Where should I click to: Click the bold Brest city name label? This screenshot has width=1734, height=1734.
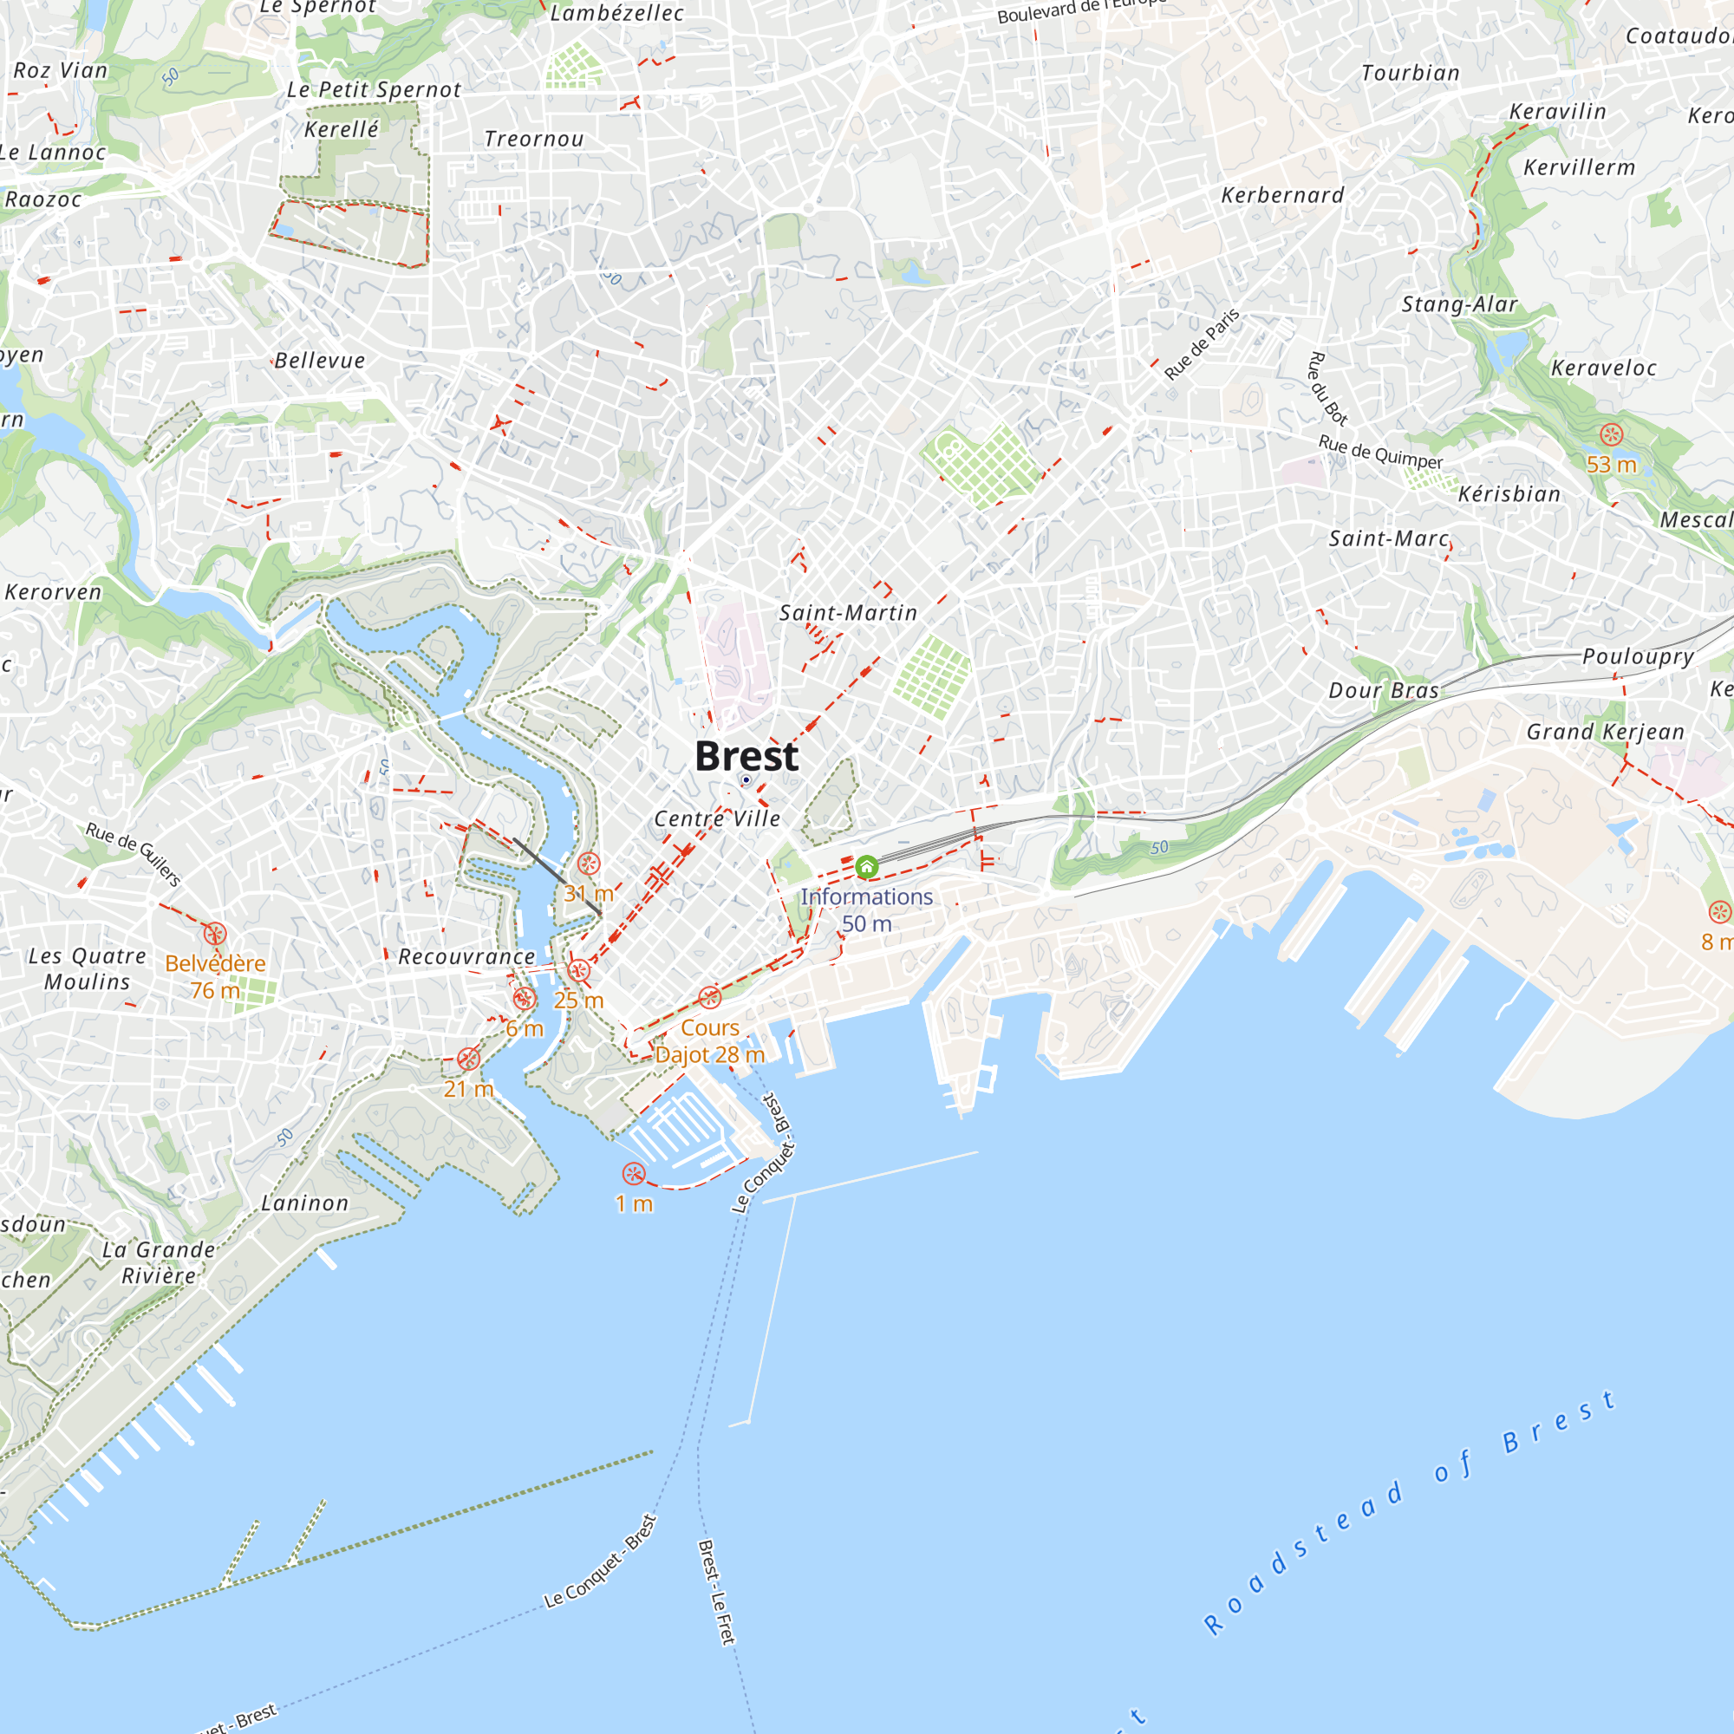tap(746, 757)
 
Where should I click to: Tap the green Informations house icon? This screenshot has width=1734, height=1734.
tap(866, 867)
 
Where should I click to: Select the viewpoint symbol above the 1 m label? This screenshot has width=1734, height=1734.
tap(634, 1174)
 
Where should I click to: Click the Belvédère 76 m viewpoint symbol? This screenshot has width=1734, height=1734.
tap(214, 935)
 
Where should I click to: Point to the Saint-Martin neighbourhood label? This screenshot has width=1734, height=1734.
tap(847, 613)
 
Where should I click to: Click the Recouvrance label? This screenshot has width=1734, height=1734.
tap(466, 957)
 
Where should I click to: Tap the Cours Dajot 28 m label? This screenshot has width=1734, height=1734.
tap(710, 1041)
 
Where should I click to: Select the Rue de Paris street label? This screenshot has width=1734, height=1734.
tap(1202, 343)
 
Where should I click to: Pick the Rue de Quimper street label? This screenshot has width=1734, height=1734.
tap(1380, 453)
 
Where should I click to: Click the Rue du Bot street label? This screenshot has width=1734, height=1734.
tap(1327, 388)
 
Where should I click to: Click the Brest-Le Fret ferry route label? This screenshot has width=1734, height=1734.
tap(716, 1592)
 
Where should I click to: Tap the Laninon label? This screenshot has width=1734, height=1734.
tap(304, 1203)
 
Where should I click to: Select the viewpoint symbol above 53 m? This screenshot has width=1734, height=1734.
tap(1611, 435)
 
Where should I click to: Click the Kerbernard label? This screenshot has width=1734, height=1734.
tap(1282, 196)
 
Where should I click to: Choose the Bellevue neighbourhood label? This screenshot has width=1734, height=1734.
tap(320, 361)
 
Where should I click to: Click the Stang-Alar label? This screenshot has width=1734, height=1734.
tap(1459, 305)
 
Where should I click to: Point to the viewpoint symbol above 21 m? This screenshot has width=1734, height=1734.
tap(468, 1059)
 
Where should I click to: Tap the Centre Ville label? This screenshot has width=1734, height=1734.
tap(717, 818)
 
